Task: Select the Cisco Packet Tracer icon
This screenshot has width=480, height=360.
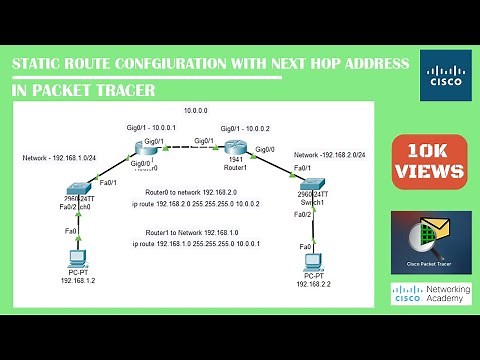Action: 431,243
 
